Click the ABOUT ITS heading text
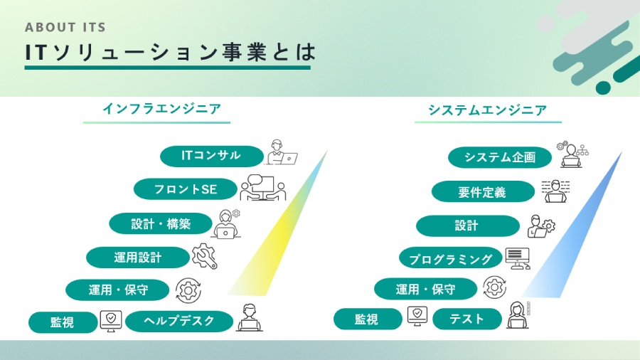point(65,28)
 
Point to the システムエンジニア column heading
point(487,110)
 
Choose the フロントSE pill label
point(185,189)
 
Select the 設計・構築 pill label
point(161,223)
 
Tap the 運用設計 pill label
point(137,257)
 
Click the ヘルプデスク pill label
point(179,321)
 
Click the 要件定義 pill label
point(482,191)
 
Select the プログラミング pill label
point(446,258)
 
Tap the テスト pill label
point(466,319)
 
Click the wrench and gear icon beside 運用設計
point(205,256)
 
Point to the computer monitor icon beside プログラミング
point(517,258)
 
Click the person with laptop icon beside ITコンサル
point(280,154)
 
